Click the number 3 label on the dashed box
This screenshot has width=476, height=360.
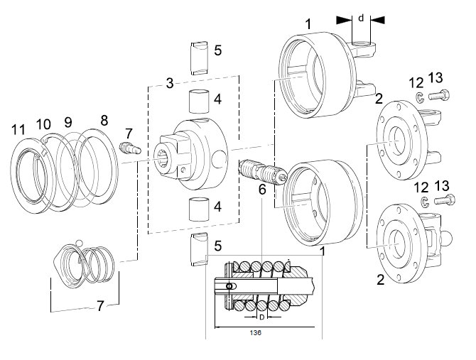pyautogui.click(x=170, y=83)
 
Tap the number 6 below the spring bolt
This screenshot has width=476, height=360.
pyautogui.click(x=262, y=190)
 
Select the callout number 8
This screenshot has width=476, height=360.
pyautogui.click(x=104, y=121)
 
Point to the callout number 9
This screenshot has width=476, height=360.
pyautogui.click(x=68, y=122)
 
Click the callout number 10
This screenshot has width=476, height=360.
pyautogui.click(x=43, y=124)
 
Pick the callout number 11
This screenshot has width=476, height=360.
pyautogui.click(x=18, y=130)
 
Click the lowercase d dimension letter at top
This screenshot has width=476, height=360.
pyautogui.click(x=361, y=18)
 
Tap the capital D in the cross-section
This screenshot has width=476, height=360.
pyautogui.click(x=262, y=317)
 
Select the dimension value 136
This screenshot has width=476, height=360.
pyautogui.click(x=255, y=333)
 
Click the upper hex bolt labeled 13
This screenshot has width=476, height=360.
pyautogui.click(x=439, y=95)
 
